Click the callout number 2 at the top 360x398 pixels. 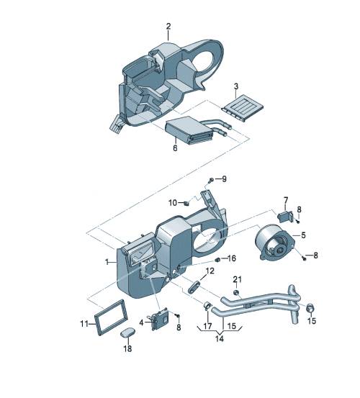click(168, 26)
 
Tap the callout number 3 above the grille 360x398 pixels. click(236, 86)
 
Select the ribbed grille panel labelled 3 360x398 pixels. click(242, 106)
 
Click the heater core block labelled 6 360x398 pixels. click(189, 130)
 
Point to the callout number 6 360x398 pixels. click(175, 148)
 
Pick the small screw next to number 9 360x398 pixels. click(211, 181)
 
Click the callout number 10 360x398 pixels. click(173, 203)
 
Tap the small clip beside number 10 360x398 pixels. click(186, 203)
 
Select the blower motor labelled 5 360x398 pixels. click(275, 242)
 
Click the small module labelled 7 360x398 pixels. click(286, 217)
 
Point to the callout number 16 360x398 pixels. click(232, 258)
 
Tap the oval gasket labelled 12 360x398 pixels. click(194, 286)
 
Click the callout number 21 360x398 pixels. click(238, 279)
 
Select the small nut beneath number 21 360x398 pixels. click(236, 293)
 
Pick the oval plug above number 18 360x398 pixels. click(127, 333)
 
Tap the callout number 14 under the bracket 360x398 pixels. click(220, 338)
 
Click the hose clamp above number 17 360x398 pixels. click(208, 305)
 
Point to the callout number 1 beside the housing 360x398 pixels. click(107, 262)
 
